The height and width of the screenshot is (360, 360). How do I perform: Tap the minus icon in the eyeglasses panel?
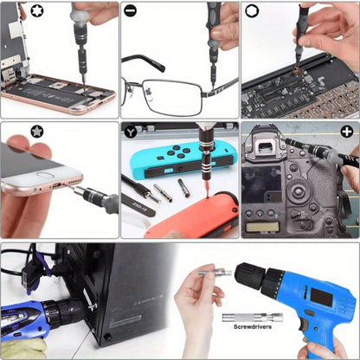tap(130, 11)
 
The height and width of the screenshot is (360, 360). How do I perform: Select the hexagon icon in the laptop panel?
tap(251, 11)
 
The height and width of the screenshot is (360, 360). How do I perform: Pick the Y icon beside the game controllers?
tap(130, 132)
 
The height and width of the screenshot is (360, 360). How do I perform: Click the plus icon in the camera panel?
tap(347, 132)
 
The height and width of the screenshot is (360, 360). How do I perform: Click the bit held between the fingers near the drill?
tap(217, 273)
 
